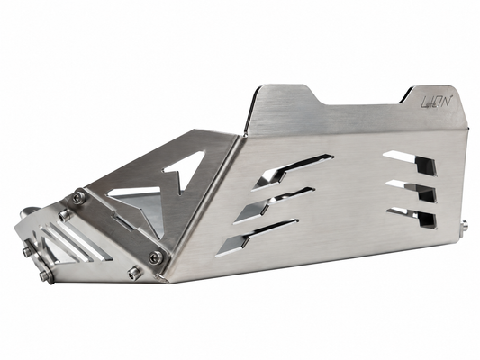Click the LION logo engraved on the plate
(436, 101)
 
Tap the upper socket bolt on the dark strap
(79, 198)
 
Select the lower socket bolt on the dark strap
(156, 257)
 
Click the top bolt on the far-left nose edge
(28, 251)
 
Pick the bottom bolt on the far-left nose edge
(46, 276)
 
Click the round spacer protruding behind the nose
(28, 212)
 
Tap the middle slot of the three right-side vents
(412, 191)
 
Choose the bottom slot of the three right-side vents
(412, 218)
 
